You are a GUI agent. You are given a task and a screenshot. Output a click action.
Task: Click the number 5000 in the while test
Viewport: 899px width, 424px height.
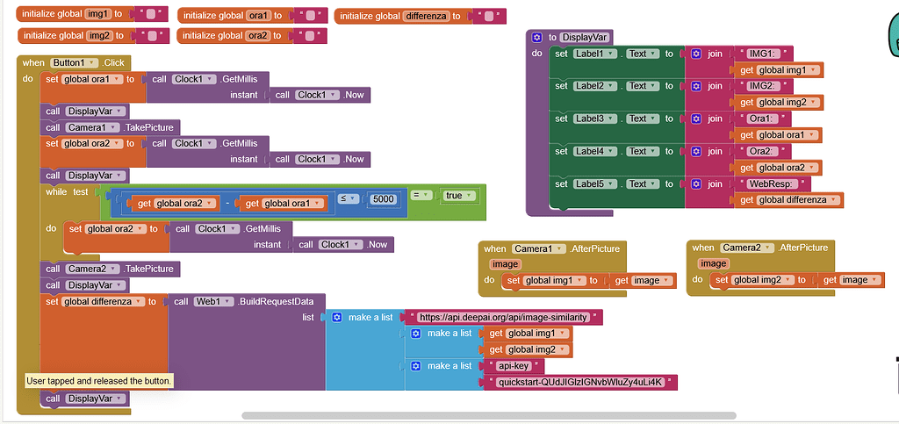coord(383,199)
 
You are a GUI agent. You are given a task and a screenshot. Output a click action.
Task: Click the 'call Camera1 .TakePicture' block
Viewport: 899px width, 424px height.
coord(111,127)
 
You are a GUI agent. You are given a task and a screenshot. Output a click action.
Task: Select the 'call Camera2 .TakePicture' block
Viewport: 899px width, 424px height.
coord(111,269)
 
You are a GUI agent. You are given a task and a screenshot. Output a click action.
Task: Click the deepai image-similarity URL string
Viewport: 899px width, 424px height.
coord(502,317)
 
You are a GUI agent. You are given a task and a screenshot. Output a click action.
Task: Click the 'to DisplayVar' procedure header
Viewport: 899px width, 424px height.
coord(571,37)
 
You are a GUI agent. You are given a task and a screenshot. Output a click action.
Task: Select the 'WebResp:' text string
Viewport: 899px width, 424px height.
coord(766,183)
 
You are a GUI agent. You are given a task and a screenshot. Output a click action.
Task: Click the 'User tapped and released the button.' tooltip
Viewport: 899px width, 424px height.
coord(99,381)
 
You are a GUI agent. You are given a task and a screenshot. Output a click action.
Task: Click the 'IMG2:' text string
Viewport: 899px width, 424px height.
coord(760,86)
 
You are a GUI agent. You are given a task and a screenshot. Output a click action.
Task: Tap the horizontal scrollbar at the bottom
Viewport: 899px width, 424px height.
coord(488,415)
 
